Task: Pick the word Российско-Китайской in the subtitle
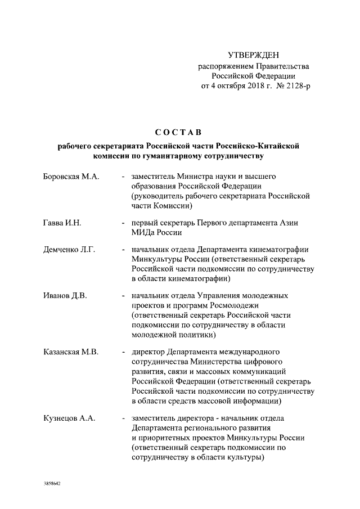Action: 263,146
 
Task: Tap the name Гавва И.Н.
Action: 62,223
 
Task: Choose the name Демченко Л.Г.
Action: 70,249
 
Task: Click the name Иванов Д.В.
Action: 65,295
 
